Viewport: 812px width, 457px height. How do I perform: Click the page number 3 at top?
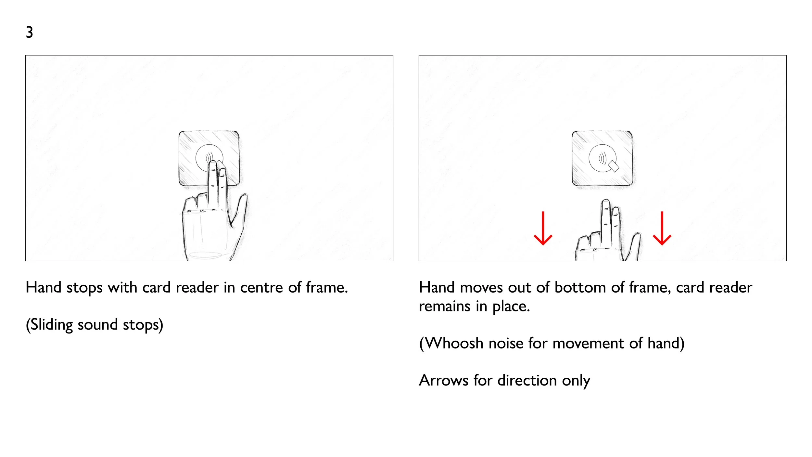(x=29, y=32)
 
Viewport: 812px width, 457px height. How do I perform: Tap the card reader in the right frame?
(x=602, y=158)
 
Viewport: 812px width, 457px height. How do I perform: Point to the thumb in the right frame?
(x=634, y=245)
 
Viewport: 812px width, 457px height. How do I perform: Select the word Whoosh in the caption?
(x=454, y=344)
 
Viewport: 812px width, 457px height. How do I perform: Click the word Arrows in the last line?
(x=443, y=381)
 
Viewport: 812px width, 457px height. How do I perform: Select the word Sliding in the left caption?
(x=52, y=325)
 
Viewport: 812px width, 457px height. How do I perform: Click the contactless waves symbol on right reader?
(x=602, y=159)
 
